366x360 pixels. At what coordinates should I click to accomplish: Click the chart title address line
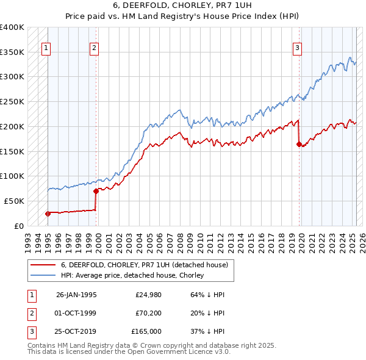click(x=183, y=5)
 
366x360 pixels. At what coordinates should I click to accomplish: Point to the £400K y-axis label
click(x=12, y=27)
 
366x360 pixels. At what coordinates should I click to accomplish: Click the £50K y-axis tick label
click(x=14, y=201)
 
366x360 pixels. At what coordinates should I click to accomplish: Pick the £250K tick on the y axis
click(x=12, y=102)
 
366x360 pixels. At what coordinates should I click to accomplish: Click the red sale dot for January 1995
click(x=48, y=214)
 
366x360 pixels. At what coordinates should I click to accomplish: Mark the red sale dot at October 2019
click(x=299, y=145)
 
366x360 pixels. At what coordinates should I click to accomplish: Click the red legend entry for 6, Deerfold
click(x=144, y=265)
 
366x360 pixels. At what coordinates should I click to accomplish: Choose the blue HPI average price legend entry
click(x=132, y=275)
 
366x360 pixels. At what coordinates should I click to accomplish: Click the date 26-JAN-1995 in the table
click(x=76, y=295)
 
